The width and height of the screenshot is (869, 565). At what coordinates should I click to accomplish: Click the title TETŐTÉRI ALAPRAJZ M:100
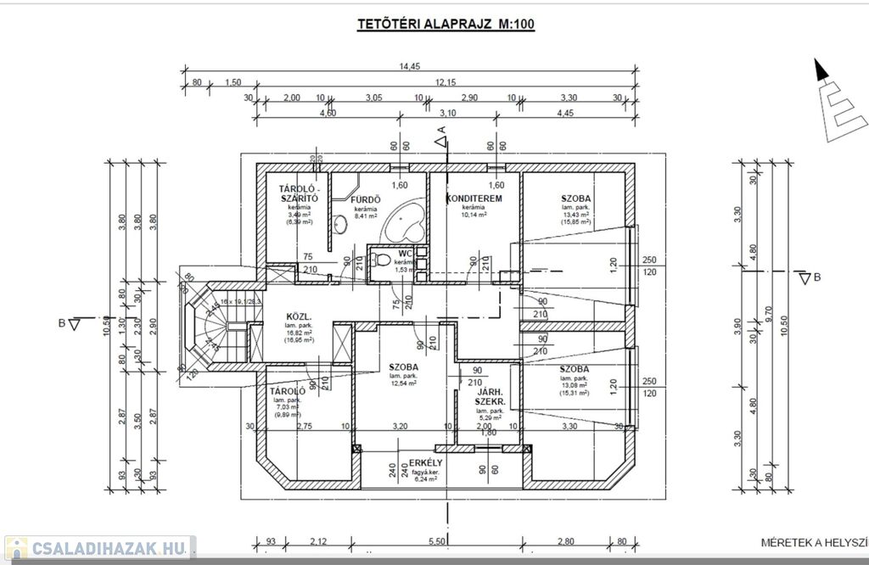pos(445,24)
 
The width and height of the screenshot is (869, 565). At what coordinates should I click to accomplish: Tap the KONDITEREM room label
pos(474,199)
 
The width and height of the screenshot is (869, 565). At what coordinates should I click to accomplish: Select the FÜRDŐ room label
pos(367,200)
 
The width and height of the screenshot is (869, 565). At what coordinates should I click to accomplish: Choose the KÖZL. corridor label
pos(278,322)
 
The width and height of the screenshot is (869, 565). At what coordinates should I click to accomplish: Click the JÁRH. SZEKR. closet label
pos(491,396)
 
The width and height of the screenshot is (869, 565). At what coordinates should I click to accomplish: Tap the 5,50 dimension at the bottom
pos(438,542)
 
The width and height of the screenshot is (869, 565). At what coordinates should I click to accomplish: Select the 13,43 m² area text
pos(575,215)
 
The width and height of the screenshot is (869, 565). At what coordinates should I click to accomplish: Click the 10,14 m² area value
pos(474,215)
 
